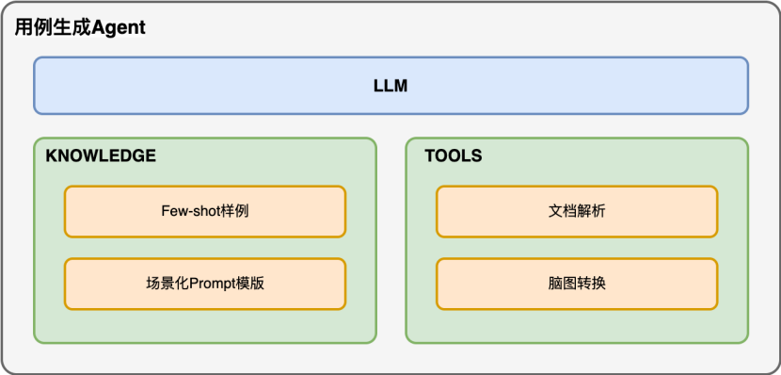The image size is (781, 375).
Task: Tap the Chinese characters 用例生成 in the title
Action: pos(53,27)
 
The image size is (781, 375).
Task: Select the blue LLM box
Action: pos(390,86)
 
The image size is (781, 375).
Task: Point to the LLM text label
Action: pos(390,87)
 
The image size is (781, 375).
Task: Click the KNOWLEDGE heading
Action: pos(101,156)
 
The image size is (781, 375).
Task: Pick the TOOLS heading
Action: pos(453,156)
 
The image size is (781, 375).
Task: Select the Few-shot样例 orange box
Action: pos(205,211)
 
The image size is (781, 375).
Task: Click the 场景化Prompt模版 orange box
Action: pos(205,284)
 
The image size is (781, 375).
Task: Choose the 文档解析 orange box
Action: pos(577,211)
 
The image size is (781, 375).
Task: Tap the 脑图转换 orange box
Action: pos(577,284)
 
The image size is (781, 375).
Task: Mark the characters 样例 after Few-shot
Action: pos(235,211)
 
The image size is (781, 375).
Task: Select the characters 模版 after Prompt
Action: pos(249,284)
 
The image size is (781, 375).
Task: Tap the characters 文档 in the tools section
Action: pos(562,211)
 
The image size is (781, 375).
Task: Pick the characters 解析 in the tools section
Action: pos(592,211)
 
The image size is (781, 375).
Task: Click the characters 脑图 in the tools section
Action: pos(562,284)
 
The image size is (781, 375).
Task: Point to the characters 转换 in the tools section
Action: pos(592,284)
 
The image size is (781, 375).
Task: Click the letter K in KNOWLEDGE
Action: pos(51,156)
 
